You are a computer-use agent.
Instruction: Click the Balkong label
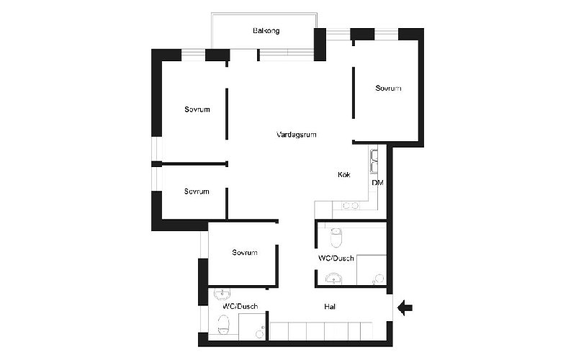266,30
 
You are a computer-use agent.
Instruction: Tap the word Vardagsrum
296,135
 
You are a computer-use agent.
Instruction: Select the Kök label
344,174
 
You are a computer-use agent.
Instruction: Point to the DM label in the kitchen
377,183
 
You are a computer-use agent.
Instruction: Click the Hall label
330,307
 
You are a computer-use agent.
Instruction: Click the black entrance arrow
405,307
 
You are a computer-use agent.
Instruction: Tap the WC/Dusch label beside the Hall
240,306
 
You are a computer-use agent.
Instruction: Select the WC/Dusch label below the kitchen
336,258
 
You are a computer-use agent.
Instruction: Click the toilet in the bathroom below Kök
336,238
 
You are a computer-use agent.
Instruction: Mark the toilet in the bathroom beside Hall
223,325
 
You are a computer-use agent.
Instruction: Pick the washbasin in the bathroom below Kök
333,279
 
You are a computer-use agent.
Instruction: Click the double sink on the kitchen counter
374,161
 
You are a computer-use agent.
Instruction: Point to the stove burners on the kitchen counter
351,206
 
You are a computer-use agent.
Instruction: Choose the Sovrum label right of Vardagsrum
388,88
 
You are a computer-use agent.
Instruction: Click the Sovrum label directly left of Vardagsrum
197,109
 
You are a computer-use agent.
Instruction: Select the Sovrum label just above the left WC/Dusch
245,253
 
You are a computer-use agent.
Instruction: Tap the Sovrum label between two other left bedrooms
197,192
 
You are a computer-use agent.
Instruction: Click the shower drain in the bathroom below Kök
379,279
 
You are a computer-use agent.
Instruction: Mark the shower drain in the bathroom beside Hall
260,334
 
